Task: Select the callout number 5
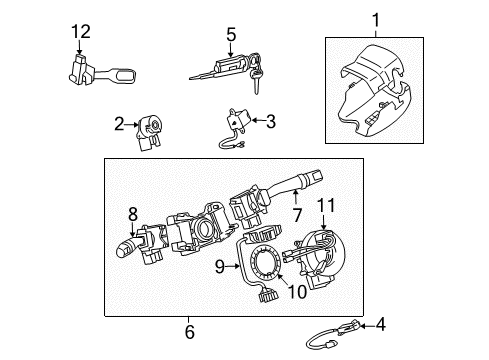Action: pos(230,38)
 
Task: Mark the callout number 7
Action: pos(296,213)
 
